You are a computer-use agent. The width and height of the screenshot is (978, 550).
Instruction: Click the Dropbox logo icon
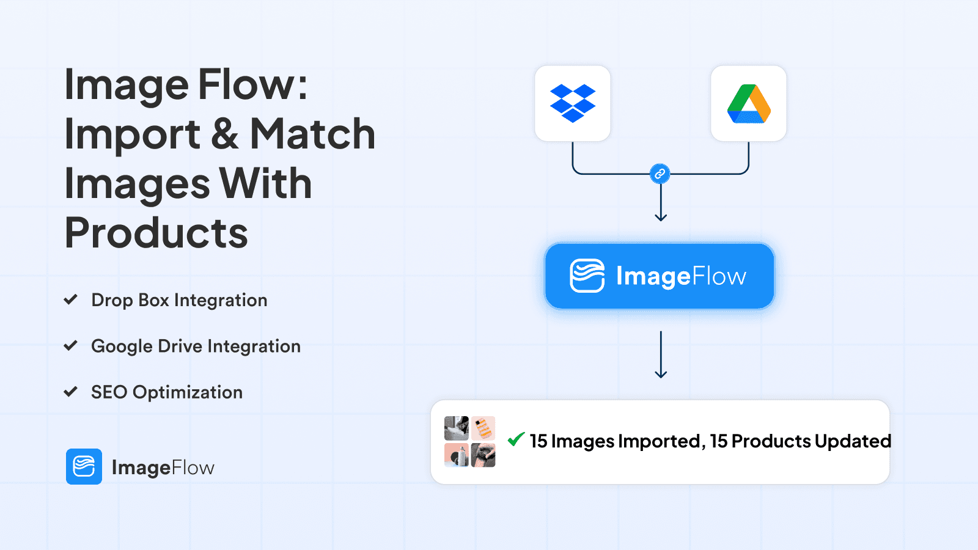coord(572,103)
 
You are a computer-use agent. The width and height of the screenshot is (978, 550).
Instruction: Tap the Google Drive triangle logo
coord(749,104)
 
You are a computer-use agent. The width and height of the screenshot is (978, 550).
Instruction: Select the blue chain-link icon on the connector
coord(660,174)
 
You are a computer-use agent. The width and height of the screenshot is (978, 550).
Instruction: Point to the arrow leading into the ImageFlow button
coord(661,202)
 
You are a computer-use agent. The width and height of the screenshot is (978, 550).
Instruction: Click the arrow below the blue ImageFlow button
coord(661,354)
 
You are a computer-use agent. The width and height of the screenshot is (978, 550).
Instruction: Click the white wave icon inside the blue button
coord(587,276)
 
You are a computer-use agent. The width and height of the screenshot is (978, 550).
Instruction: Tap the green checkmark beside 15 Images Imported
coord(516,439)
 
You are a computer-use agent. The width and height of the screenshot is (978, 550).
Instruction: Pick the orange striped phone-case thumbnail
coord(483,428)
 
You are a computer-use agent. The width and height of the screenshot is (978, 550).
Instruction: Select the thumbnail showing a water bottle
coord(456,455)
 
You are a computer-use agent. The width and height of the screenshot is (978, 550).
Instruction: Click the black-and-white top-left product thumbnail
coord(456,428)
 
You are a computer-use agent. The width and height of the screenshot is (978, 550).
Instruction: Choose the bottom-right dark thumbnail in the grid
coord(483,455)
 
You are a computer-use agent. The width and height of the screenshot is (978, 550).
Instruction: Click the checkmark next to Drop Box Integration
coord(71,299)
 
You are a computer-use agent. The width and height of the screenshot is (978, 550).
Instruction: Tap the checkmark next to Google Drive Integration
coord(71,346)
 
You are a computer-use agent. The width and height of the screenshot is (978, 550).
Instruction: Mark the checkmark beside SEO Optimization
coord(71,392)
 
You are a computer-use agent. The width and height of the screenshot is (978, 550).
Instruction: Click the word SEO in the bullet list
coord(109,392)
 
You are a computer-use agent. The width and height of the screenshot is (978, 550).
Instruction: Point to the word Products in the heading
coord(156,233)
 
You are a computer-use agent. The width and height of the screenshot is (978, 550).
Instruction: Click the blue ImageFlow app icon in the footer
coord(84,467)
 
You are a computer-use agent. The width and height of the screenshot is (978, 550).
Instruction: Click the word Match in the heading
coord(312,134)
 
